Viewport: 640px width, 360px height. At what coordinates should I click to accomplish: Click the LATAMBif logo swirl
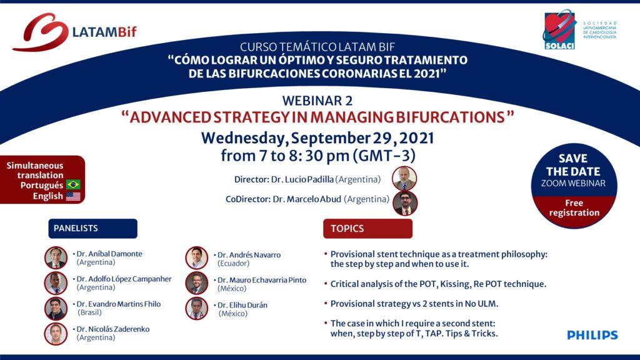point(41,32)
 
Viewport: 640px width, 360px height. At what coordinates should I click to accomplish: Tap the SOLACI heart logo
point(559,29)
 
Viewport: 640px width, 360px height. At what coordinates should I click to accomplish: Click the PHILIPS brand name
point(592,335)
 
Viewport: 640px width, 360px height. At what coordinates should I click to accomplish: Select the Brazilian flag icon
point(74,184)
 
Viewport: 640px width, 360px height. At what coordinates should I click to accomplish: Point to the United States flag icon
point(74,196)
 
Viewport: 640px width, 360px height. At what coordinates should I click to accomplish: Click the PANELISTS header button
point(92,229)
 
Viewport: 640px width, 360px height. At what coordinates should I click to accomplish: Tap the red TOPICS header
point(367,229)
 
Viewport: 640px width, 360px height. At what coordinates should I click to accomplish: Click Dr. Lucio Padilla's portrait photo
point(404,178)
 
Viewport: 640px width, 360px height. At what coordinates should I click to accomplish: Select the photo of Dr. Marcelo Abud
point(405,203)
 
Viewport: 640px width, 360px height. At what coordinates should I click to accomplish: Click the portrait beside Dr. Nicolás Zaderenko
point(56,334)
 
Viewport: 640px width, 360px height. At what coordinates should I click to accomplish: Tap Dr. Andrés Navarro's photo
point(197,258)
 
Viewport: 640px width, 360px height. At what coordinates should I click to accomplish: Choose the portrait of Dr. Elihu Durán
point(197,308)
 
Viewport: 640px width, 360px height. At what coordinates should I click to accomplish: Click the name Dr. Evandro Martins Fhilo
point(119,304)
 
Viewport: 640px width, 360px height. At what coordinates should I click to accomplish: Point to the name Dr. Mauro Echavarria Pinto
point(262,280)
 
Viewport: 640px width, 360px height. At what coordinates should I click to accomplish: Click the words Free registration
point(574,207)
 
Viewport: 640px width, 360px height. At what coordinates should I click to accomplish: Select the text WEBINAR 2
point(317,101)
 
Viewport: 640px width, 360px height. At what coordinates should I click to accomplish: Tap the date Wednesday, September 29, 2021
point(317,138)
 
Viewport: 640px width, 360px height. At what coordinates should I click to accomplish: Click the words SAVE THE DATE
point(574,165)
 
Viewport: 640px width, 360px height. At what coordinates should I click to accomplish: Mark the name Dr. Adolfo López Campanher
point(124,279)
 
